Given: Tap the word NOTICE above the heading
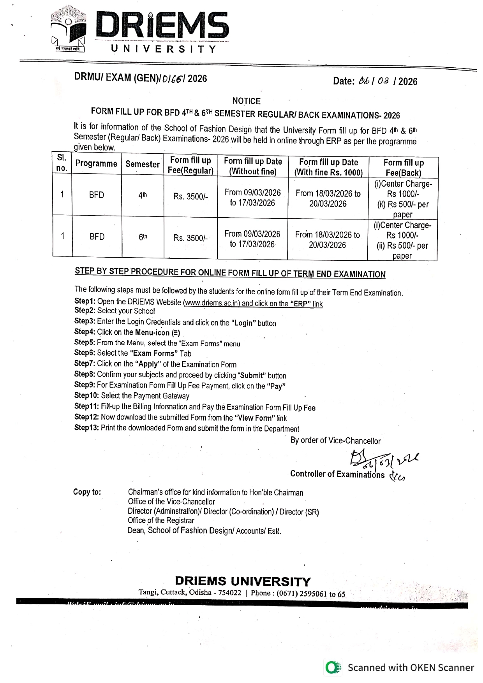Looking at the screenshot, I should click(x=246, y=101).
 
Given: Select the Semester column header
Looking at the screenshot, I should click(x=143, y=164).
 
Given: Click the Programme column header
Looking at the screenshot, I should click(x=96, y=163).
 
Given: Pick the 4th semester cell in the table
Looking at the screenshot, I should click(x=143, y=195).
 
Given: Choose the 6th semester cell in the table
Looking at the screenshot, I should click(x=143, y=237).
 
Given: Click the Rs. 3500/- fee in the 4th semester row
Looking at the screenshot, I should click(x=190, y=197).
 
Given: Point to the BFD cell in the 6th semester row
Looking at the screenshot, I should click(x=97, y=237).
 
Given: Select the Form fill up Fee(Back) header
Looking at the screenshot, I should click(x=403, y=168).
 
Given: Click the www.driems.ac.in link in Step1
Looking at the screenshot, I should click(x=212, y=303).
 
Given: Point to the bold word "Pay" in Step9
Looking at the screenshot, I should click(x=276, y=386).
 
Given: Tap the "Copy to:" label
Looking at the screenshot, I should click(x=87, y=492).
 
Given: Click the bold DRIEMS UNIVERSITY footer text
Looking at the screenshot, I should click(x=243, y=581).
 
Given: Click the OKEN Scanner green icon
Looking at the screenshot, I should click(x=332, y=667).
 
